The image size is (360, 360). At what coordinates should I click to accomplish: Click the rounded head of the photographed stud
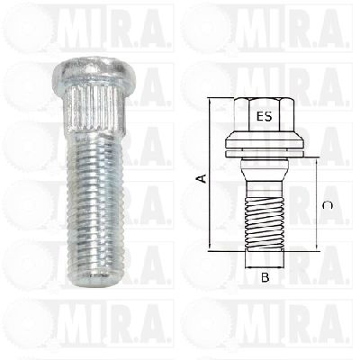tap(94, 68)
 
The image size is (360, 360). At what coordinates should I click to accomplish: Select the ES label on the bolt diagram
tap(265, 116)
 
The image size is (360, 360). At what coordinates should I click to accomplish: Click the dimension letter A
tap(202, 178)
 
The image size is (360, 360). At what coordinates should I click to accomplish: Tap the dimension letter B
tap(265, 277)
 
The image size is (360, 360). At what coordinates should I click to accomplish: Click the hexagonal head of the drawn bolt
tap(265, 114)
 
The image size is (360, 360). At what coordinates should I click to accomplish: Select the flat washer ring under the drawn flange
tap(265, 154)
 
